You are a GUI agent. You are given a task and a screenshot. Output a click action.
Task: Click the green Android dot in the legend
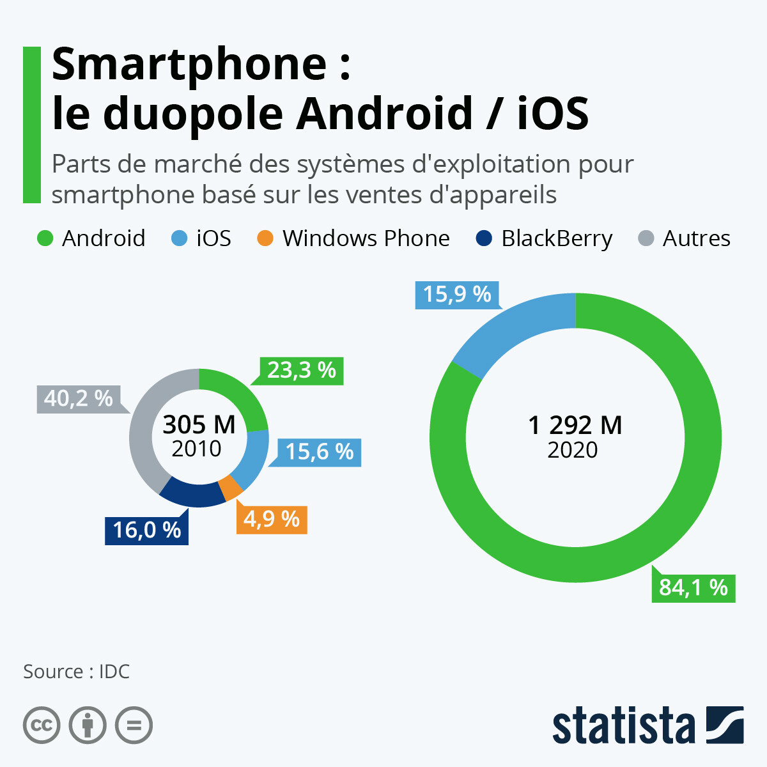point(45,238)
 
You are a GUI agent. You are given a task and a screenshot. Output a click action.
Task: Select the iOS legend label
point(213,238)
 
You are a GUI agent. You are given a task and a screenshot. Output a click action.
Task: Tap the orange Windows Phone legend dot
point(265,238)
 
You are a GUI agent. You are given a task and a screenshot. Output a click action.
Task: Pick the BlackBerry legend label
point(557,238)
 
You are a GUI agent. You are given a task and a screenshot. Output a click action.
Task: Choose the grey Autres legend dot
point(646,238)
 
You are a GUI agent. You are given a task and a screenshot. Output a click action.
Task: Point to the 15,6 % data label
point(319,452)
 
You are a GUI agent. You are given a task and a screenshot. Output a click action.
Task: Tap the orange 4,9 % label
point(272,519)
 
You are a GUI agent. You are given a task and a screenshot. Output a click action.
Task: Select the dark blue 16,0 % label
point(147,530)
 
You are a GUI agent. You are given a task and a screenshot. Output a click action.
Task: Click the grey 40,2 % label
point(78,399)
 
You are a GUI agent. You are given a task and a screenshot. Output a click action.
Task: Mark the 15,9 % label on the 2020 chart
point(456,295)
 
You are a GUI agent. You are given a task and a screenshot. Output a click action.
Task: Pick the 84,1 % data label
point(693,587)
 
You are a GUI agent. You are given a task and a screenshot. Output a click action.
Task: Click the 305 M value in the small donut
point(199,424)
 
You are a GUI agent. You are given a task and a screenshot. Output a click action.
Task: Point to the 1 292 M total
point(575,425)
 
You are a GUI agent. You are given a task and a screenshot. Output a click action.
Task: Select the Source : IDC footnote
point(77,672)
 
